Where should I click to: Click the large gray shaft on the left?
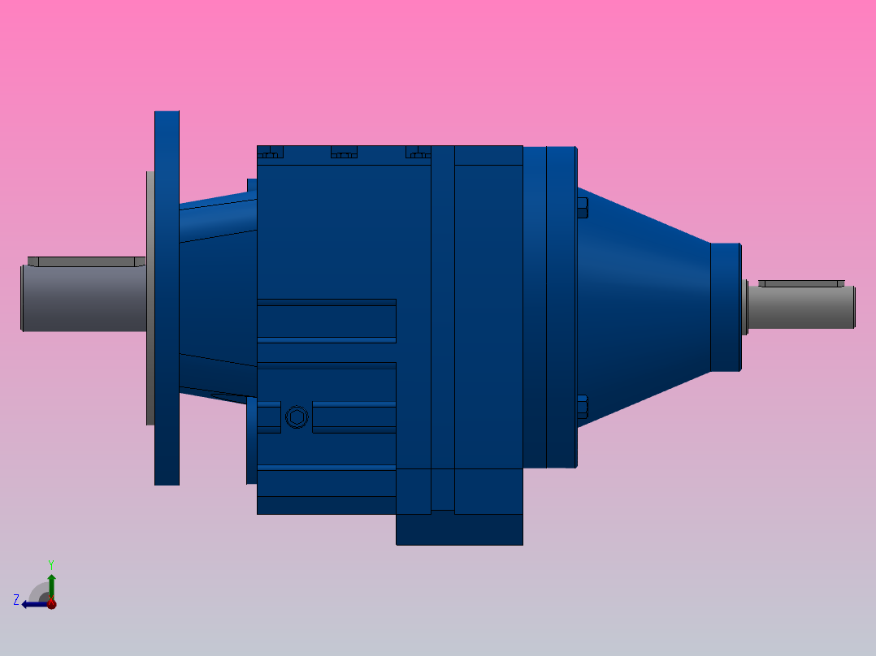click(x=81, y=298)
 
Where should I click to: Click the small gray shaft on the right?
click(x=800, y=308)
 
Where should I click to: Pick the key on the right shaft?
click(x=800, y=284)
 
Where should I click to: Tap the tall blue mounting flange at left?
click(x=167, y=298)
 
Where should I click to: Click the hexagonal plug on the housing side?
click(x=297, y=417)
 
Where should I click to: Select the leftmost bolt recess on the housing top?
click(x=271, y=152)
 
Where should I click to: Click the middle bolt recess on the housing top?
click(x=345, y=152)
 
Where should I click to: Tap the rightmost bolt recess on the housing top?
click(x=418, y=152)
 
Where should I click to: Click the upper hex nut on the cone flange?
click(x=582, y=207)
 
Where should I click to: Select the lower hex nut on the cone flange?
click(x=582, y=407)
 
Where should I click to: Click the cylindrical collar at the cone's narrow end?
click(x=726, y=307)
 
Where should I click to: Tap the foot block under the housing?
click(x=459, y=529)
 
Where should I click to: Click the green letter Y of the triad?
click(x=51, y=563)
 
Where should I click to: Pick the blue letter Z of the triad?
click(x=16, y=600)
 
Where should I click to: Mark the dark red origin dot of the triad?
click(x=51, y=604)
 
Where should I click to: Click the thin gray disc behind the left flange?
click(x=150, y=298)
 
